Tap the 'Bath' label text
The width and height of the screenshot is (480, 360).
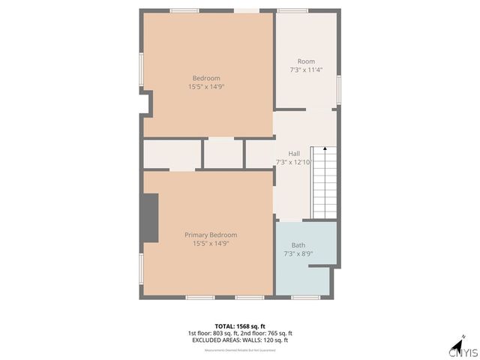[x=298, y=245]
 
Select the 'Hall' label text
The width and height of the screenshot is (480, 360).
[x=294, y=153]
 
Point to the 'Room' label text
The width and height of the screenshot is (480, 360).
[x=306, y=61]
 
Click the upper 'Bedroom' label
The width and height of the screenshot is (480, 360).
[x=206, y=78]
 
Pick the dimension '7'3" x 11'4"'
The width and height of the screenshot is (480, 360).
[x=306, y=70]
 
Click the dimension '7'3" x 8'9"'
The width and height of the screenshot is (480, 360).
[x=298, y=254]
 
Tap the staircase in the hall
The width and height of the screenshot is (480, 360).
[x=325, y=182]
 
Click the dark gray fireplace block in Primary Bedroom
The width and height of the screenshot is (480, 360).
[x=150, y=217]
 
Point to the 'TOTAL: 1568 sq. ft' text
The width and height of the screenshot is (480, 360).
[x=240, y=326]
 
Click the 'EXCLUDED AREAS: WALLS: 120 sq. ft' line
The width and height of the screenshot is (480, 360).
[x=240, y=340]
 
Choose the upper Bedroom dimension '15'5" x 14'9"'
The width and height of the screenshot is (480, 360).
[x=206, y=87]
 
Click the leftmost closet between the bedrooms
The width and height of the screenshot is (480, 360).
[x=172, y=154]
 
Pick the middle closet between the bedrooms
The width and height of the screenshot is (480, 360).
[x=223, y=154]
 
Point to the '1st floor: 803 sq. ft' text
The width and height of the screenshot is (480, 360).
[x=213, y=334]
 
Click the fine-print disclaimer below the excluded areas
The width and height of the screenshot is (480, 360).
[x=240, y=349]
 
